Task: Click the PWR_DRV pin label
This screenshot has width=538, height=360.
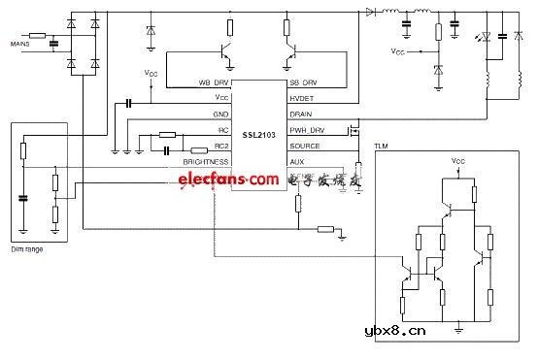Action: pyautogui.click(x=307, y=129)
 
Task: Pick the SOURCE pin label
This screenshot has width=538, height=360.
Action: pyautogui.click(x=304, y=146)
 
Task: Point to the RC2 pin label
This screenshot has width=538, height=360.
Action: pyautogui.click(x=222, y=146)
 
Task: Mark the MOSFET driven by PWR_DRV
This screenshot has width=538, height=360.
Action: pyautogui.click(x=355, y=129)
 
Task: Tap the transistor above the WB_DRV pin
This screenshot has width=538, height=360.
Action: pyautogui.click(x=226, y=49)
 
